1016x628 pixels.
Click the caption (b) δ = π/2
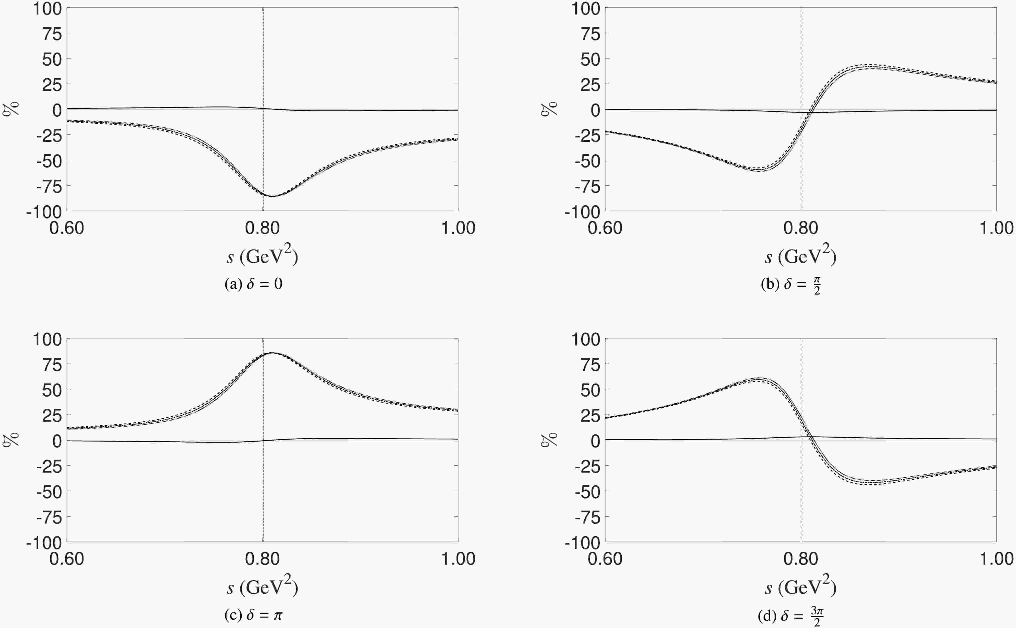(790, 285)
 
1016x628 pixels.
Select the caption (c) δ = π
(253, 615)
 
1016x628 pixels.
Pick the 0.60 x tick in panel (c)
(66, 559)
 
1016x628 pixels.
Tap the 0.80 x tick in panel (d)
(800, 559)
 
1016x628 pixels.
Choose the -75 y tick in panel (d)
(587, 518)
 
